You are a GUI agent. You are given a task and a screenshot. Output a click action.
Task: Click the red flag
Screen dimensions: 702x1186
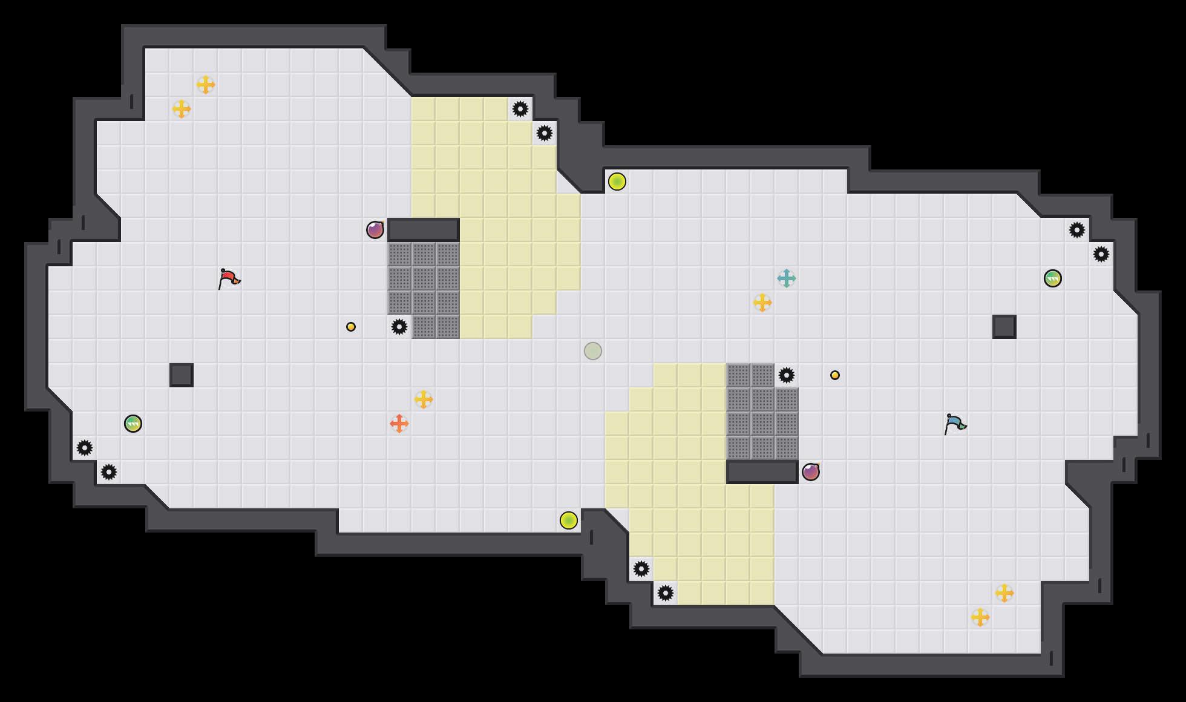(x=228, y=278)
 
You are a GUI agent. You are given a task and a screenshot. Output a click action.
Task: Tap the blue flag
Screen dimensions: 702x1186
(x=954, y=424)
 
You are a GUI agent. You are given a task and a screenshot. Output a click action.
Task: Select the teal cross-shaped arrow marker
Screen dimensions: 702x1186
(x=787, y=278)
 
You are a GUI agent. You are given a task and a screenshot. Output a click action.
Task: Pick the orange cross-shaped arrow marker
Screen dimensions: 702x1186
(x=399, y=424)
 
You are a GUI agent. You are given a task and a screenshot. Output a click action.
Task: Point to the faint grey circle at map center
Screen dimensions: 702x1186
(x=593, y=351)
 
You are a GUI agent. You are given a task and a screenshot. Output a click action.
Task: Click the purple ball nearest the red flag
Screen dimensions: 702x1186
(x=375, y=230)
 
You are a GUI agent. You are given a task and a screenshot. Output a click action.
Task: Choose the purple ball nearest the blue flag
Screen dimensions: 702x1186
(x=811, y=472)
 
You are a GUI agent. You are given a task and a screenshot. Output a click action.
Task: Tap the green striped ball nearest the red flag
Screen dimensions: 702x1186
(x=133, y=424)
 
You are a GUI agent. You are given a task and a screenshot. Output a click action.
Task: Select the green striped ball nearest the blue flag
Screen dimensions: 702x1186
(x=1053, y=278)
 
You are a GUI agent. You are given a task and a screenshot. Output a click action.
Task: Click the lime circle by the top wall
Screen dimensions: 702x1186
(x=617, y=182)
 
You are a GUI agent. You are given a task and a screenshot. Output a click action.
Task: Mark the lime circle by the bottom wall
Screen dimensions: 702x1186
(x=569, y=520)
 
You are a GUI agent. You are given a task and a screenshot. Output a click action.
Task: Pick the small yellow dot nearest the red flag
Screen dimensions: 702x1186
(x=351, y=327)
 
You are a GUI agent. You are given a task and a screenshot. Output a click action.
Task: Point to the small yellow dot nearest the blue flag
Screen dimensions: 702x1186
(x=835, y=375)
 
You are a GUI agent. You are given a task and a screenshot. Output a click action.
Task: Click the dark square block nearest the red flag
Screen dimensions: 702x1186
(x=182, y=375)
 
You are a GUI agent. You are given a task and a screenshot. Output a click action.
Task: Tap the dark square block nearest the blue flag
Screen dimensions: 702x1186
(x=1004, y=327)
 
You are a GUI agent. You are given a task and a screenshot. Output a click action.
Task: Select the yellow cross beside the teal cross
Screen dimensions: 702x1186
(x=762, y=303)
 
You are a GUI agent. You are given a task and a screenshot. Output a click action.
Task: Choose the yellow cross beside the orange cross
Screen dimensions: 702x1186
(x=424, y=399)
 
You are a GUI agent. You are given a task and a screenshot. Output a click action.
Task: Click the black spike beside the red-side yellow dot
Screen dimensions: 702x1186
(x=399, y=327)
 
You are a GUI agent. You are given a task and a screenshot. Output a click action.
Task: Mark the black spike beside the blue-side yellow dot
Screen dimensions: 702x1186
(x=787, y=375)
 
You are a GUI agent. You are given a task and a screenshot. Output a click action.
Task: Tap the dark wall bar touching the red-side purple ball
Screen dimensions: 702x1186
(x=424, y=230)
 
